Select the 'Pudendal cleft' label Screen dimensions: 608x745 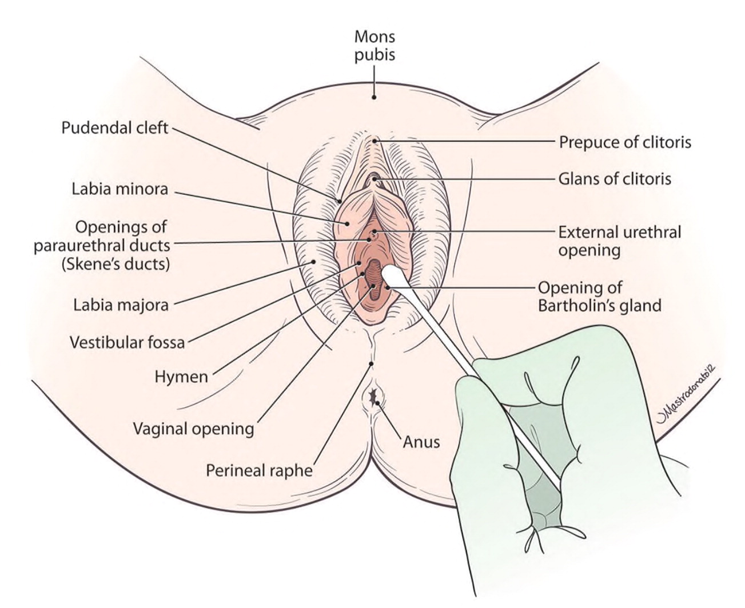(115, 127)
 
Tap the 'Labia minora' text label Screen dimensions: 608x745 (120, 189)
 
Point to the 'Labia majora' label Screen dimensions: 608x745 (121, 305)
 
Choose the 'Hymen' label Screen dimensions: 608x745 (181, 377)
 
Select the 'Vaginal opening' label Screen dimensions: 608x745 (193, 428)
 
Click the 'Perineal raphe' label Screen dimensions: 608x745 (260, 471)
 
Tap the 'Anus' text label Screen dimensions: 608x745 (421, 441)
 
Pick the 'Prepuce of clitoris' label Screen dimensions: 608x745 (625, 142)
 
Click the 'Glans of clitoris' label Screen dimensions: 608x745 (615, 179)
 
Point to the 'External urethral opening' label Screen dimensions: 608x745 (620, 241)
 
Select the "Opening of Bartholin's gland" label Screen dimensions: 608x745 (599, 296)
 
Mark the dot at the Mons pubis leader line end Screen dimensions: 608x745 (375, 97)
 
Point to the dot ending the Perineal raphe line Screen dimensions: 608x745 (372, 363)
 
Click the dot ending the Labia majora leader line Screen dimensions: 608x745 (313, 262)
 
